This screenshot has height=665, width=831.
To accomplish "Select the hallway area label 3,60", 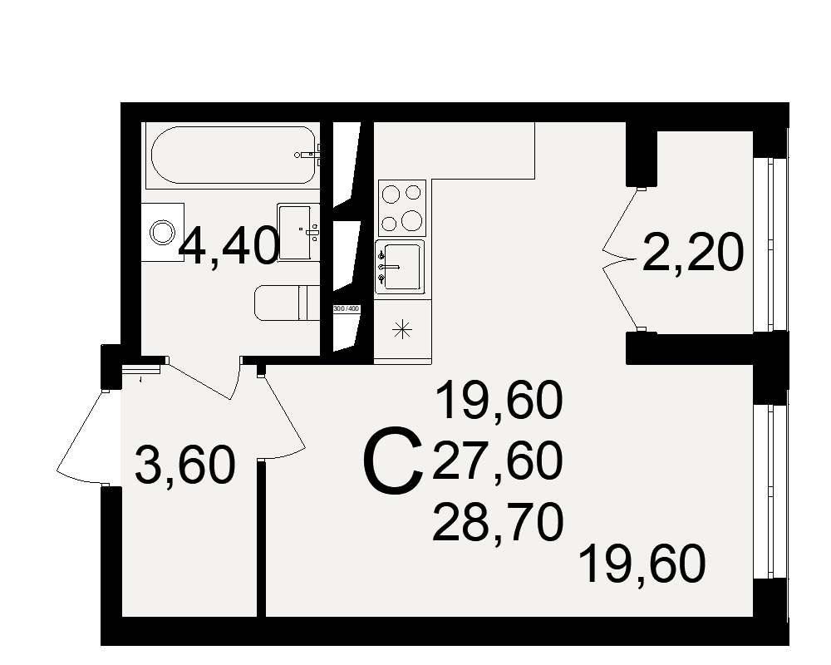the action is pos(185,466).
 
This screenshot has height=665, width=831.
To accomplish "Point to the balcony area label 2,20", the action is pos(693,253).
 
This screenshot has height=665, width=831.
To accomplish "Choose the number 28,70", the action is pos(497,524).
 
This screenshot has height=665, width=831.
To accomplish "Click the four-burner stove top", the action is pos(402,208).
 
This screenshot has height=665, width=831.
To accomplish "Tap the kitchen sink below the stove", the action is pos(400,267).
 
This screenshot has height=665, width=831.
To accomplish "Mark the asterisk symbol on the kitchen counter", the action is pos(401,330).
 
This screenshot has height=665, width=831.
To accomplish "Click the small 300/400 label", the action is pos(346,308).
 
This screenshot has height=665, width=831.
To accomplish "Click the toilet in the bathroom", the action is pos(287,303).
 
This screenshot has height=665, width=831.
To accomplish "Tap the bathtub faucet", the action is pos(308,155).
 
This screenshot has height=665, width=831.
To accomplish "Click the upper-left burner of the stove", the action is pos(391,193).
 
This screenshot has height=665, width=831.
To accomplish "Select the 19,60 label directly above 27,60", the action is pos(498,401).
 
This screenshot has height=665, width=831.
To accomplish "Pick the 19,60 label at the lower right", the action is pos(642,564).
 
